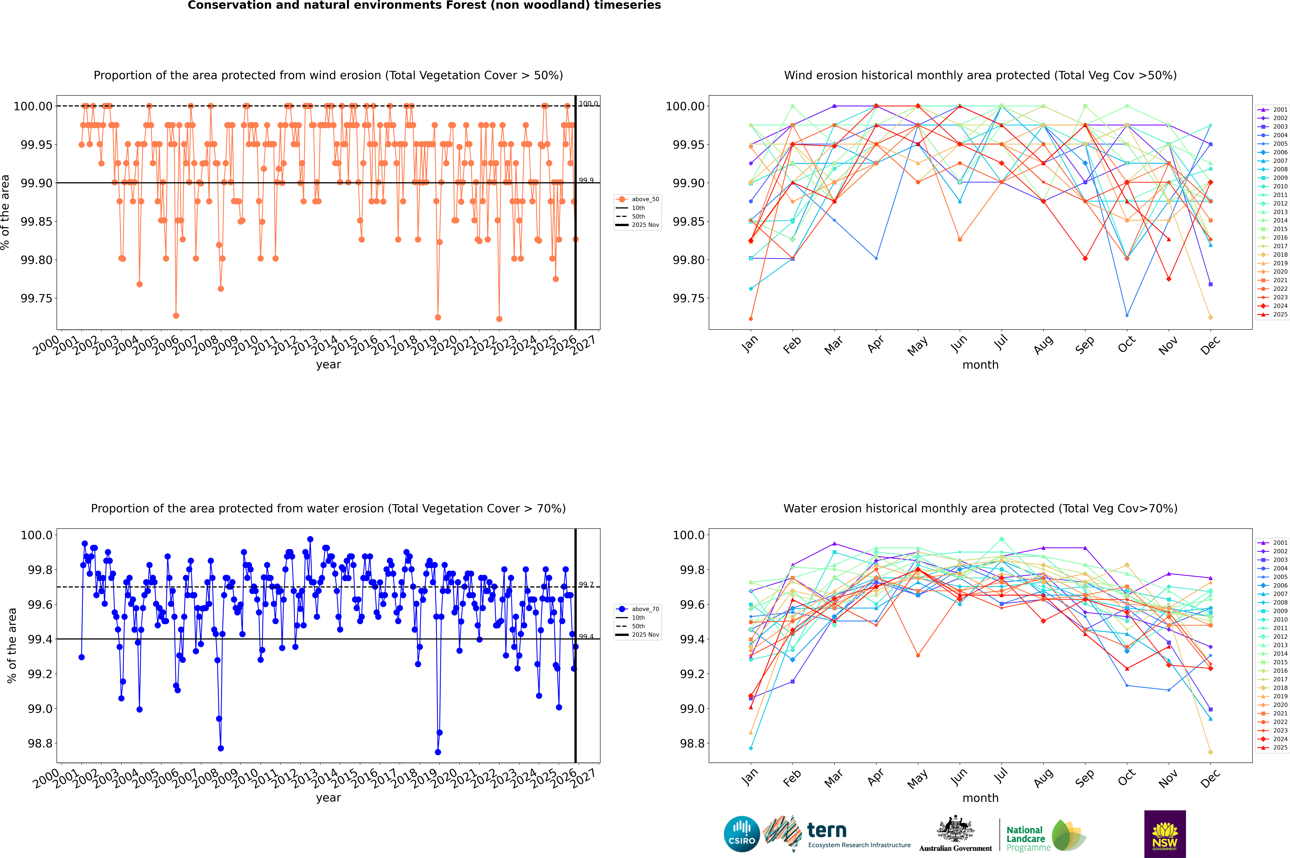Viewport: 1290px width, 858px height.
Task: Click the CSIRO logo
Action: tap(741, 834)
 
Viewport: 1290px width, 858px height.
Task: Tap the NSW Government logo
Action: tap(1165, 834)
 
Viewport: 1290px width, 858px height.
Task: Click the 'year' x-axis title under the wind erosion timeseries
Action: tap(328, 364)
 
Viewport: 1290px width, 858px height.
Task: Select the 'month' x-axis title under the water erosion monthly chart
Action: tap(980, 798)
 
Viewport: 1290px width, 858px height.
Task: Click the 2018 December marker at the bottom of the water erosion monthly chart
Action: tap(1210, 752)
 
